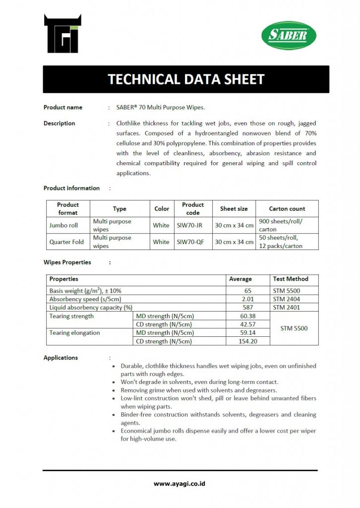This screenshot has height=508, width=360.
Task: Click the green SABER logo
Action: tap(289, 36)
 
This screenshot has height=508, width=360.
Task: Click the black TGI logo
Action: tap(63, 34)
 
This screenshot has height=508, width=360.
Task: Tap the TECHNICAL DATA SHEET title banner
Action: tap(186, 79)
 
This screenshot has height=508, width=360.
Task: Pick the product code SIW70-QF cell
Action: tap(190, 242)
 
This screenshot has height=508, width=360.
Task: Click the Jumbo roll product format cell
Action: tap(63, 225)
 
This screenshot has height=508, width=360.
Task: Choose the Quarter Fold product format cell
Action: tap(66, 242)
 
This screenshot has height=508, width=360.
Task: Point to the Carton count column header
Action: tap(287, 209)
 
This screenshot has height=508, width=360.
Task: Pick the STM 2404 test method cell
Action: tap(287, 299)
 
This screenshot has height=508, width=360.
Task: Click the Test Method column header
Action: tap(291, 279)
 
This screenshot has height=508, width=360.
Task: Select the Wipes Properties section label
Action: tap(67, 262)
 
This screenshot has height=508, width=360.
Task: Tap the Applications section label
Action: tap(60, 358)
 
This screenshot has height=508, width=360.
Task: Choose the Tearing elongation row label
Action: tap(75, 333)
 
